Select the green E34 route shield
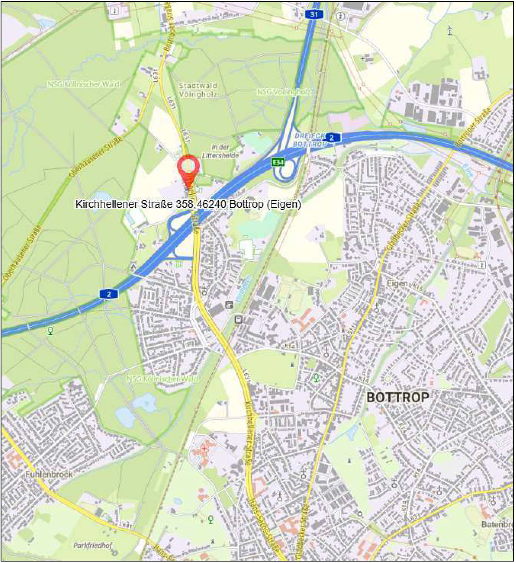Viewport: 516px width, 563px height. (278, 162)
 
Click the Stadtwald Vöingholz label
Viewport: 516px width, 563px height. (198, 90)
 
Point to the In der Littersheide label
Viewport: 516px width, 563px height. (220, 151)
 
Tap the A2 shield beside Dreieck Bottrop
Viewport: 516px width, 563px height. (331, 137)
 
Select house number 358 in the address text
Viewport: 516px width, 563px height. (184, 204)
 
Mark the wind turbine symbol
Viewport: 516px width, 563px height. (450, 30)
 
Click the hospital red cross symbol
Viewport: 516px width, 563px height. (204, 448)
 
